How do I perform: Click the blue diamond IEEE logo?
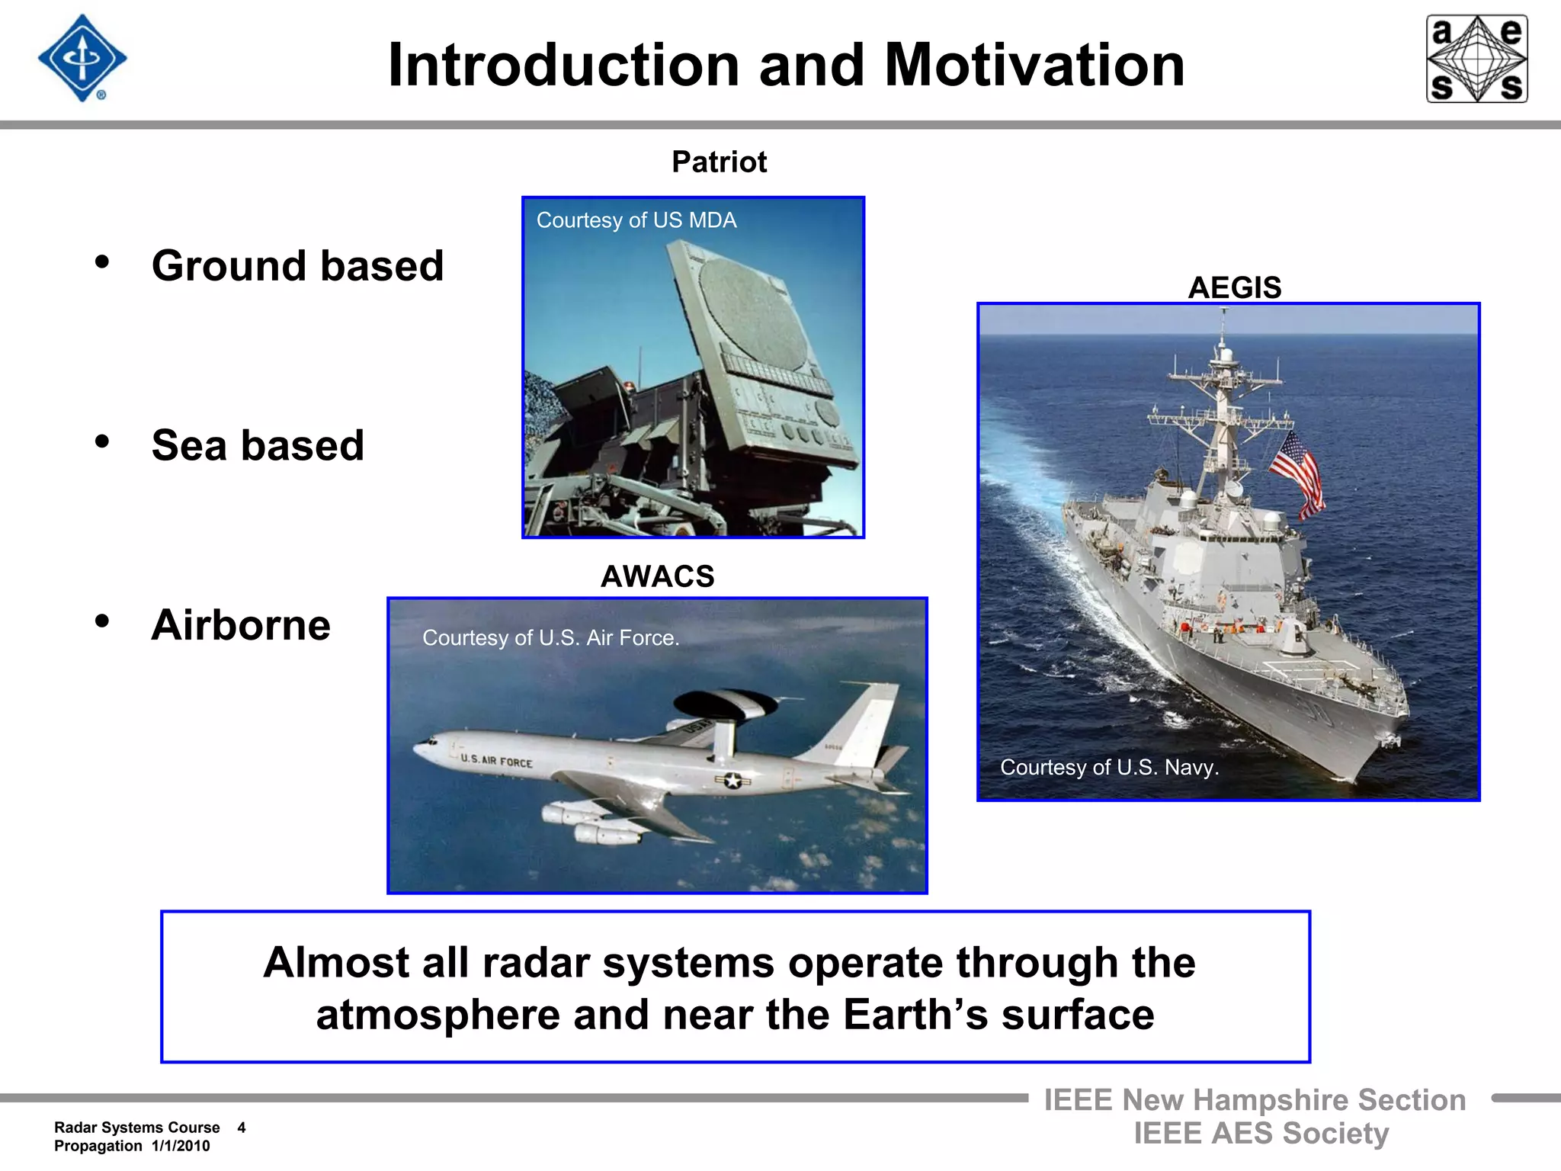click(82, 58)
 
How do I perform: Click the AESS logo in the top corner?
click(1476, 59)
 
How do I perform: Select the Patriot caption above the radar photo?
click(719, 162)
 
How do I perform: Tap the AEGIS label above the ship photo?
click(1234, 287)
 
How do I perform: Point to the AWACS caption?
click(657, 576)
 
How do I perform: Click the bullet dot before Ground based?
click(102, 262)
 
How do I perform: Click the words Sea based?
click(258, 445)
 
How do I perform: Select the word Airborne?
click(241, 625)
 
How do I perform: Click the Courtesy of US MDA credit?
click(636, 220)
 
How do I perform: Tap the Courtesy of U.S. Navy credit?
click(1109, 767)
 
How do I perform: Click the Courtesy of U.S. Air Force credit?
click(550, 637)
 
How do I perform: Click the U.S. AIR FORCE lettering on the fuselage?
click(496, 760)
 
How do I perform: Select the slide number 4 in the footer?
click(242, 1128)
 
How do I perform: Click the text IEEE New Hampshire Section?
click(1255, 1100)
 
